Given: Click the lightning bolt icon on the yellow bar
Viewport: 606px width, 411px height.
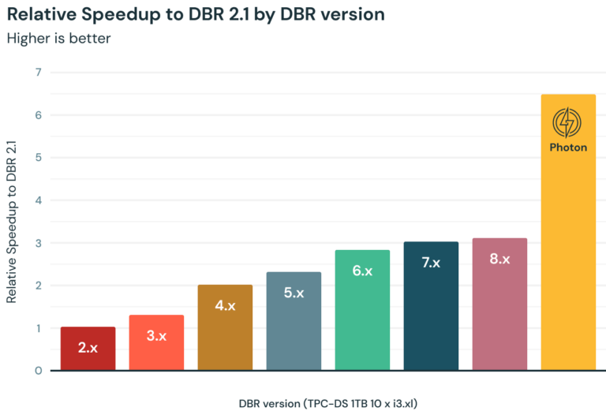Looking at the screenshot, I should tap(568, 123).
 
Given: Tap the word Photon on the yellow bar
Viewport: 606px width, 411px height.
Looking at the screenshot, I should tap(568, 147).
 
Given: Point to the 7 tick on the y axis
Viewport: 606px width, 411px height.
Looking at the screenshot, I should tap(38, 73).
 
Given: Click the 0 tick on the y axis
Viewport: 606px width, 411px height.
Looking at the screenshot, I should tap(38, 370).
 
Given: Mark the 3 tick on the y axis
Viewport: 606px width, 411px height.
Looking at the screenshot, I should tap(38, 243).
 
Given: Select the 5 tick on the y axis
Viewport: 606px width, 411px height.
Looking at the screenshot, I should tap(38, 158).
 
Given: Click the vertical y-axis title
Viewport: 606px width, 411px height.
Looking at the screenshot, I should tap(11, 222).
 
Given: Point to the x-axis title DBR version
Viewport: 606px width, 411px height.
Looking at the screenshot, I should tap(328, 403).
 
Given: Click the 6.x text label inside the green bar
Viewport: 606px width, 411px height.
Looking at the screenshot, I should tap(362, 271).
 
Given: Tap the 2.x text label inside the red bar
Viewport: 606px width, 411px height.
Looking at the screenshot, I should tap(88, 347).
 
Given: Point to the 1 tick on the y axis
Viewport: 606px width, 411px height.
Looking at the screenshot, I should tap(38, 328).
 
